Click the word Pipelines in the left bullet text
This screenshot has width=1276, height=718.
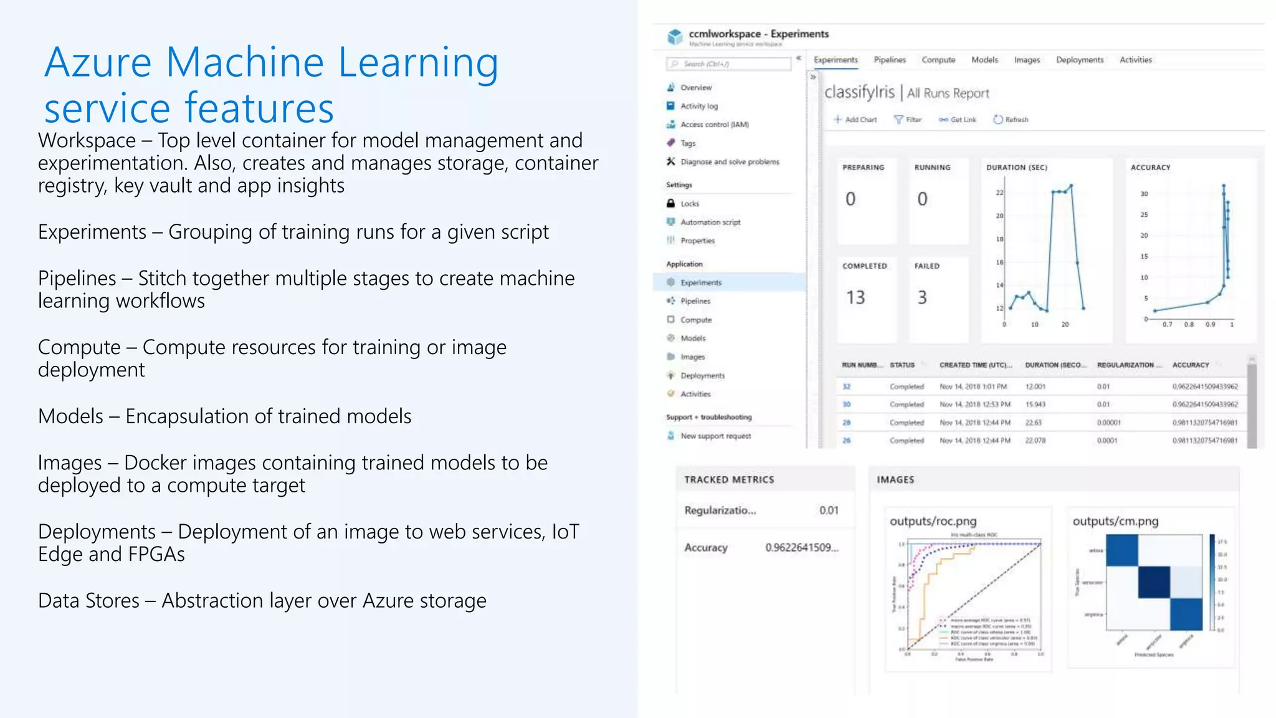[77, 279]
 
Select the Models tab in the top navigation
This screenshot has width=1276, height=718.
[984, 60]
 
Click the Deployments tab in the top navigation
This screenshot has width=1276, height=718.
[1079, 60]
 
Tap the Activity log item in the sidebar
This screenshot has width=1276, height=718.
[698, 106]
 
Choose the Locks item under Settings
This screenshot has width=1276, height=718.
[690, 204]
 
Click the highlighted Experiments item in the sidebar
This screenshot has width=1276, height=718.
[700, 282]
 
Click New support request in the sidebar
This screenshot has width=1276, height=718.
[715, 436]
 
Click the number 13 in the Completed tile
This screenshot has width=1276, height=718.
[855, 298]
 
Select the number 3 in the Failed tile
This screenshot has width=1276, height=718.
[922, 298]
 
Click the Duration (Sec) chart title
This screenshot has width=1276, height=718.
[1016, 168]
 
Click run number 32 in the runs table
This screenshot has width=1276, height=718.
[846, 386]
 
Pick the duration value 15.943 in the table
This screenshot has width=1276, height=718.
[1035, 404]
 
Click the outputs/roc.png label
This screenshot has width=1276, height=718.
[933, 522]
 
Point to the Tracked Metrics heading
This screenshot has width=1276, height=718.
[728, 480]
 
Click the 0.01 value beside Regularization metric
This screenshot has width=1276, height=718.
[828, 510]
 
